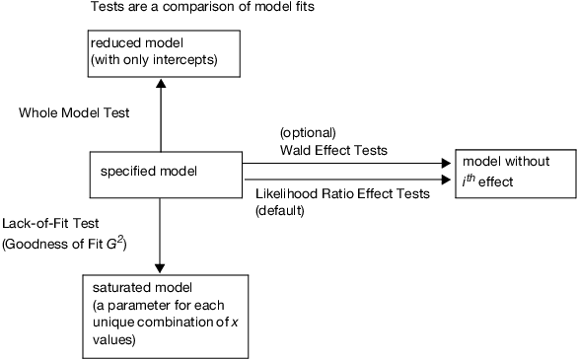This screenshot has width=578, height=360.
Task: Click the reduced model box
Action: [162, 54]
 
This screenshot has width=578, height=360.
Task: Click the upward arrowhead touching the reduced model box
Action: [159, 86]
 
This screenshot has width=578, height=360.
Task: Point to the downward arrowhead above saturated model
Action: [159, 267]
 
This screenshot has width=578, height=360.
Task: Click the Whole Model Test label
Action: [74, 113]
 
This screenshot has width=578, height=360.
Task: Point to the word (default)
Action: [280, 210]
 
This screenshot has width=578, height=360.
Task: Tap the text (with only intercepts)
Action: [152, 61]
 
